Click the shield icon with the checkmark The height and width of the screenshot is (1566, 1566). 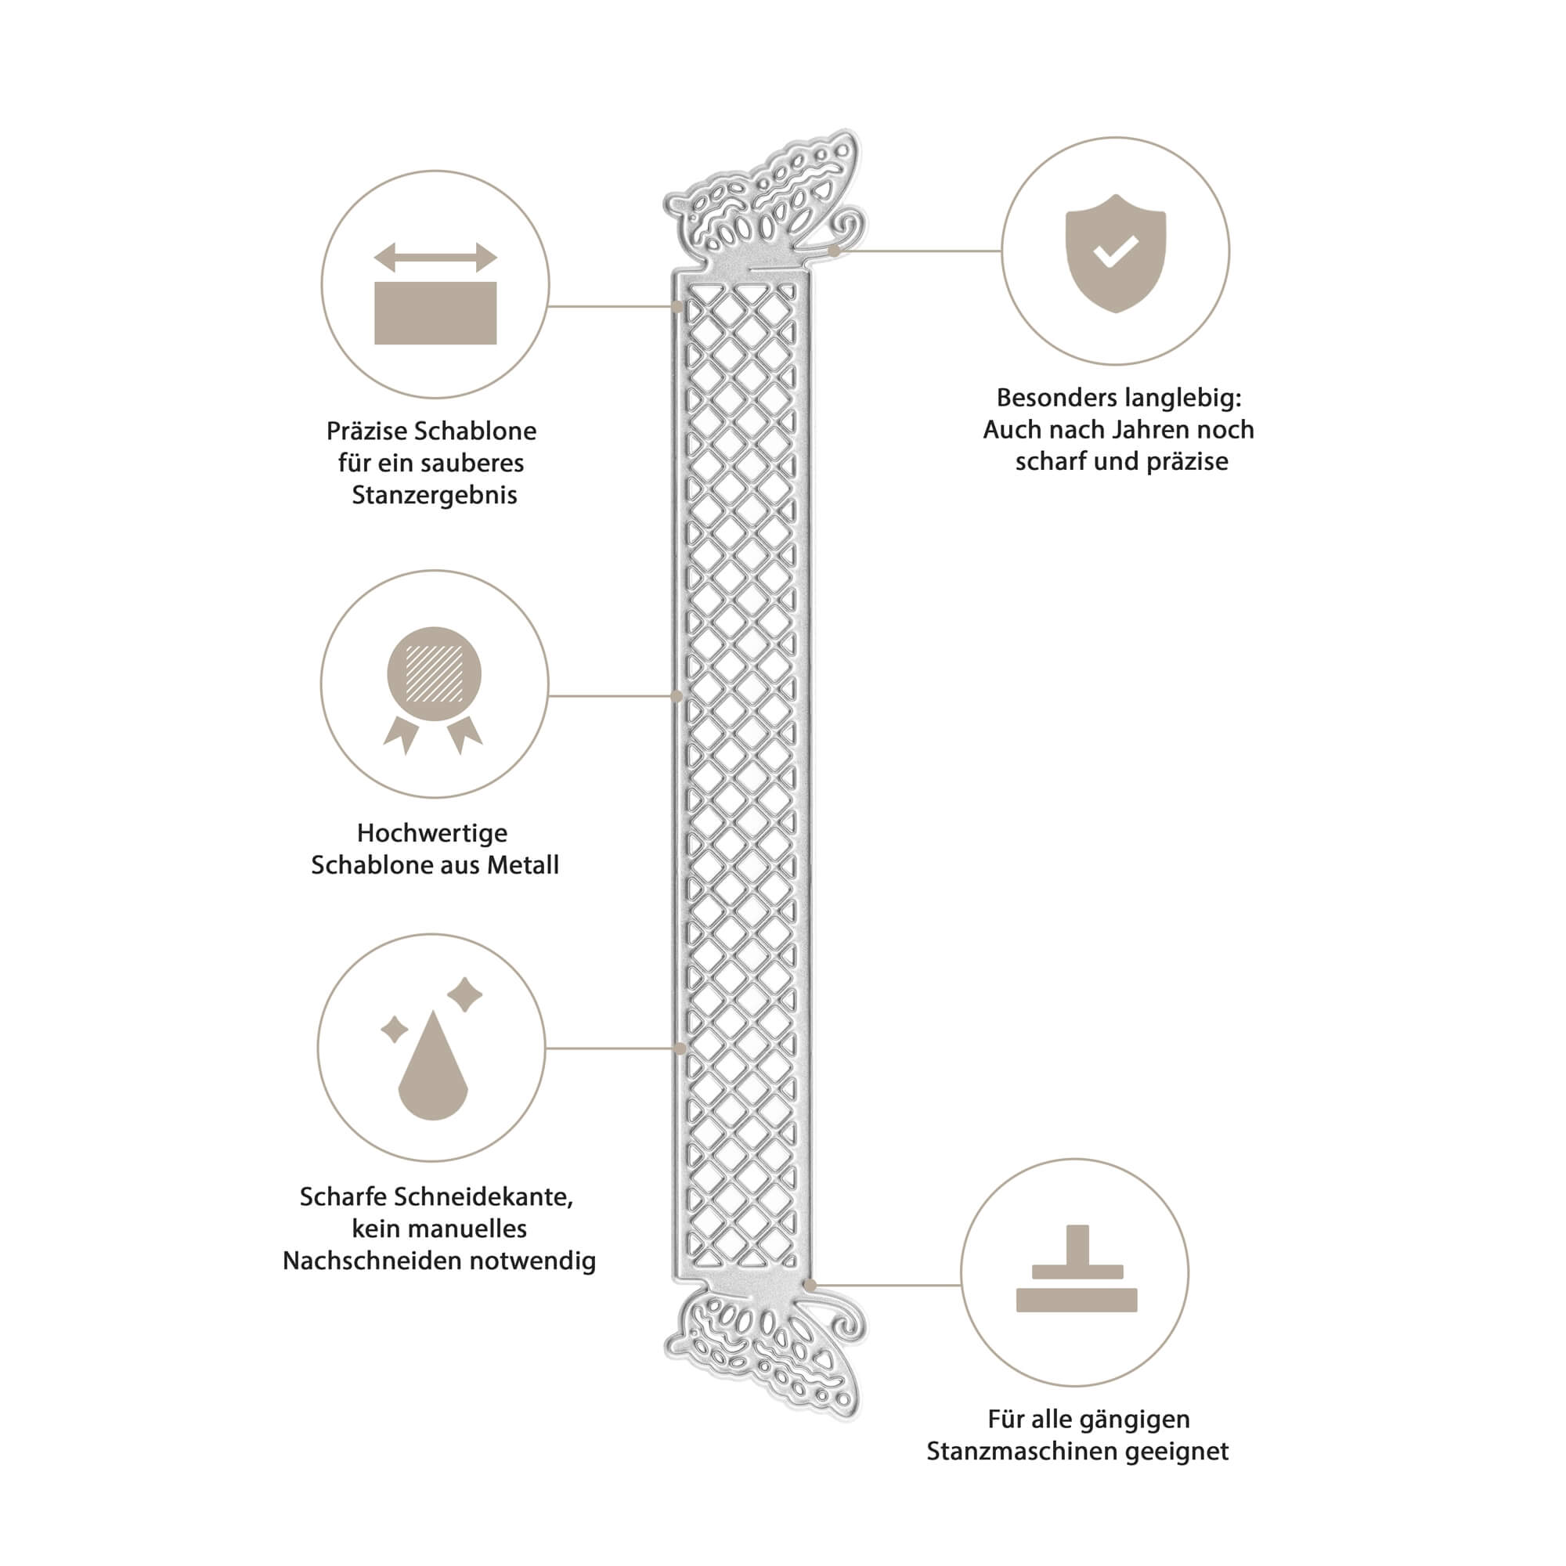point(1115,253)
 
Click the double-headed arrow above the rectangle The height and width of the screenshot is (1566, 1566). point(435,258)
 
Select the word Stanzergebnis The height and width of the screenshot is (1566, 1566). point(435,496)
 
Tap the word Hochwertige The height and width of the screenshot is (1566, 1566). point(432,832)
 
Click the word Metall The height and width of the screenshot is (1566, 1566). point(523,865)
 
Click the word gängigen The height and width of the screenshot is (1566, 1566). point(1137,1420)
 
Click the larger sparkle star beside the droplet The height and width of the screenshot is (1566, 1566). point(465,994)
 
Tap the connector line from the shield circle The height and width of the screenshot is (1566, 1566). point(918,251)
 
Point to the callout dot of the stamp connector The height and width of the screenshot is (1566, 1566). point(810,1285)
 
